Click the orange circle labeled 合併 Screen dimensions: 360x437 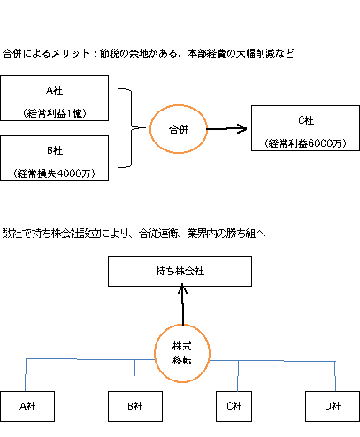tap(150, 129)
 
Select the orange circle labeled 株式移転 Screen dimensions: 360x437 tap(155, 353)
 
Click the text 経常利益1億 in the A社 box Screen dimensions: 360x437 tap(55, 113)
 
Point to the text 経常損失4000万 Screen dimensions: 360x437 tap(55, 173)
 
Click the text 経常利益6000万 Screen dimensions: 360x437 tap(305, 143)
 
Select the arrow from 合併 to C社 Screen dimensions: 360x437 tap(226, 129)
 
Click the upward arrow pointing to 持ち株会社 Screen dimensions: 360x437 tap(183, 304)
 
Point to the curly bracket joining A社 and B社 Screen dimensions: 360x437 tap(131, 127)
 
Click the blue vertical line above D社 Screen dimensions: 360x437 tap(335, 376)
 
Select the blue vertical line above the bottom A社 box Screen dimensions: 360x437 tap(26, 375)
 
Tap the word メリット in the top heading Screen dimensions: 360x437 tap(71, 53)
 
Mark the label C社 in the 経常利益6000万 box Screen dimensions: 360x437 tap(306, 120)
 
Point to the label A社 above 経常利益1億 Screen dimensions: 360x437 tap(55, 90)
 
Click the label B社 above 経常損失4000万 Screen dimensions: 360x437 tap(55, 150)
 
